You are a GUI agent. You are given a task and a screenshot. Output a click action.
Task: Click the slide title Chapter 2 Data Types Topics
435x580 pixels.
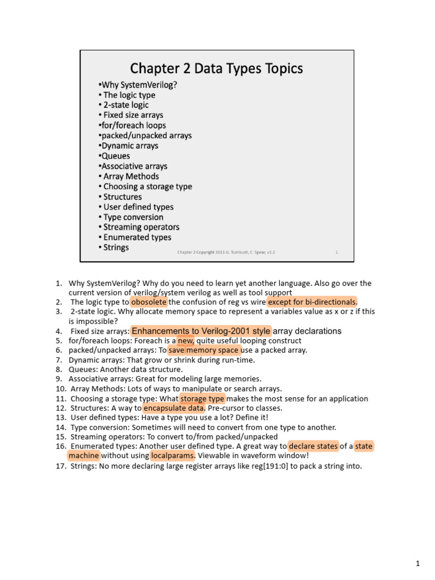click(x=216, y=69)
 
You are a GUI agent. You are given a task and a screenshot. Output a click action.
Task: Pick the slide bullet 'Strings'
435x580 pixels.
click(x=116, y=248)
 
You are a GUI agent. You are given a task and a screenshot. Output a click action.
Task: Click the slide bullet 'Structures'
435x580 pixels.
click(x=122, y=197)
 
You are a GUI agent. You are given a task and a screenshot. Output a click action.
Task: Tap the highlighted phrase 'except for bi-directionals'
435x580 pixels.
click(x=309, y=302)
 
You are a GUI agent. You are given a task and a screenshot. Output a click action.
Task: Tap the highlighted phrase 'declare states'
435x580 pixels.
click(x=313, y=446)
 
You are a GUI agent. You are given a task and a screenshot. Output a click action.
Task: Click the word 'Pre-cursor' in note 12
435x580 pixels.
click(x=227, y=408)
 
